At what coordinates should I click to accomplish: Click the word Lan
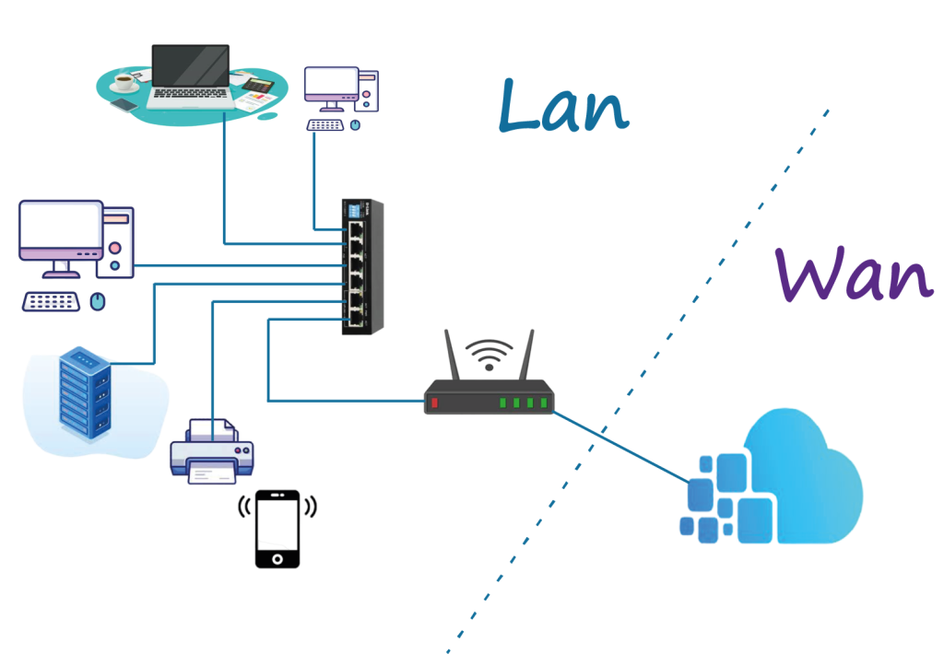pos(562,107)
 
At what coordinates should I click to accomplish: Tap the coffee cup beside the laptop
pos(124,84)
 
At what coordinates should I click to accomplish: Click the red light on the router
pos(435,403)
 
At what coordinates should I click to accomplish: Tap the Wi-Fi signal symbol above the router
pos(489,354)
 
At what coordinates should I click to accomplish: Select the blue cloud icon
pos(784,479)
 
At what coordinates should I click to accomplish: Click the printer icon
pos(212,451)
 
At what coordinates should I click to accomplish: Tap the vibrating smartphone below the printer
pos(277,529)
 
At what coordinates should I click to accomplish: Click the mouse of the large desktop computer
pos(98,301)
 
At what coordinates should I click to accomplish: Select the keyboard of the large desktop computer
pos(52,301)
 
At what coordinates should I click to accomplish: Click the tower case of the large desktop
pos(119,241)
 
